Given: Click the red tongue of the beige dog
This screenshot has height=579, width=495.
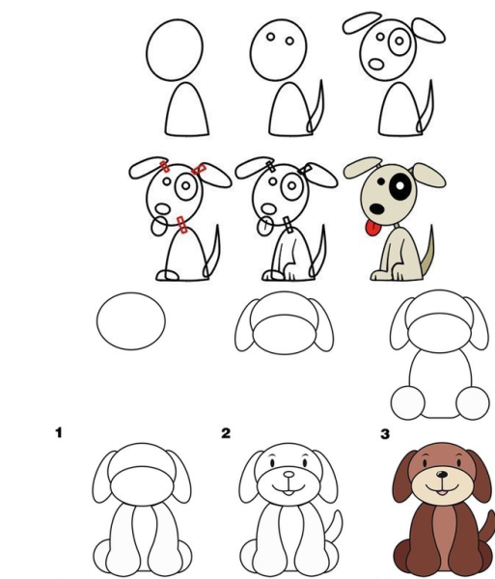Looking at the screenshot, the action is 373,228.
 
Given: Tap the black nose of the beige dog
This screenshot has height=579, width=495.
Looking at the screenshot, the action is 377,208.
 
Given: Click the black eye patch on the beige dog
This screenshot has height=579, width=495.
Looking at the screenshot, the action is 400,187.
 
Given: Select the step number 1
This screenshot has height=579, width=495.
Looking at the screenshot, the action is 59,432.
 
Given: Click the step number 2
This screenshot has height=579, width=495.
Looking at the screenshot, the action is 226,432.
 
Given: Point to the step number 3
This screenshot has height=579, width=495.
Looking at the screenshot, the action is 385,434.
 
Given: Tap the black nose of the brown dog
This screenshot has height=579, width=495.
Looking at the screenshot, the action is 442,474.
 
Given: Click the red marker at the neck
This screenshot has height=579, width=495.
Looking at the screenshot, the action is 182,225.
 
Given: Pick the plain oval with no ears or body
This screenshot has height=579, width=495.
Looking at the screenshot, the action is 131,321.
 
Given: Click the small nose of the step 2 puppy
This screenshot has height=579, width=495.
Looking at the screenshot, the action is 289,475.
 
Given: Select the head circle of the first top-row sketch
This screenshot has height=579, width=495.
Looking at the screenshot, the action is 175,49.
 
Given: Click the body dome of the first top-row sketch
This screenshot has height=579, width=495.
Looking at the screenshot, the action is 187,109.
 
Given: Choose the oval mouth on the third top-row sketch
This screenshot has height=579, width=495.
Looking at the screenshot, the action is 376,65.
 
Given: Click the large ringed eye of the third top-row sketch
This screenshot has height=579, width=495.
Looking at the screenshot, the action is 399,41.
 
